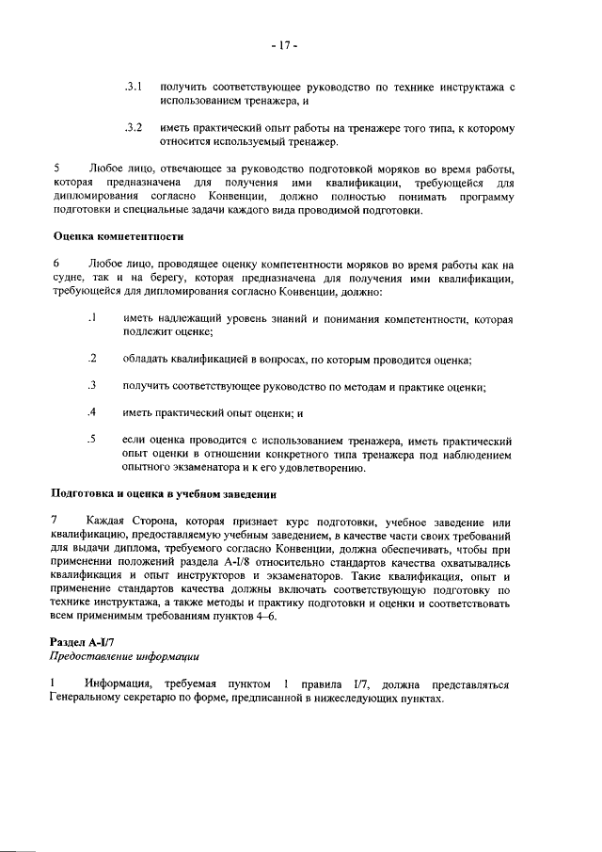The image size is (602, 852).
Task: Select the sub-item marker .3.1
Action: (133, 87)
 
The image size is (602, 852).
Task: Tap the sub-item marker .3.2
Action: (133, 127)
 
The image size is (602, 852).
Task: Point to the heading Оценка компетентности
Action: (118, 236)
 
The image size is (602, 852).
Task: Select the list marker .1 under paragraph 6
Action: (92, 319)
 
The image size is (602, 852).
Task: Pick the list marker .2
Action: (92, 359)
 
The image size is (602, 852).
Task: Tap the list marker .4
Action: (92, 412)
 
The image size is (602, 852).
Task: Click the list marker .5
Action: (92, 439)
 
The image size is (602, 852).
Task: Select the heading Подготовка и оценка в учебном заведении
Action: (162, 494)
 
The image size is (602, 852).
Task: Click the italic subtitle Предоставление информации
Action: (123, 655)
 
